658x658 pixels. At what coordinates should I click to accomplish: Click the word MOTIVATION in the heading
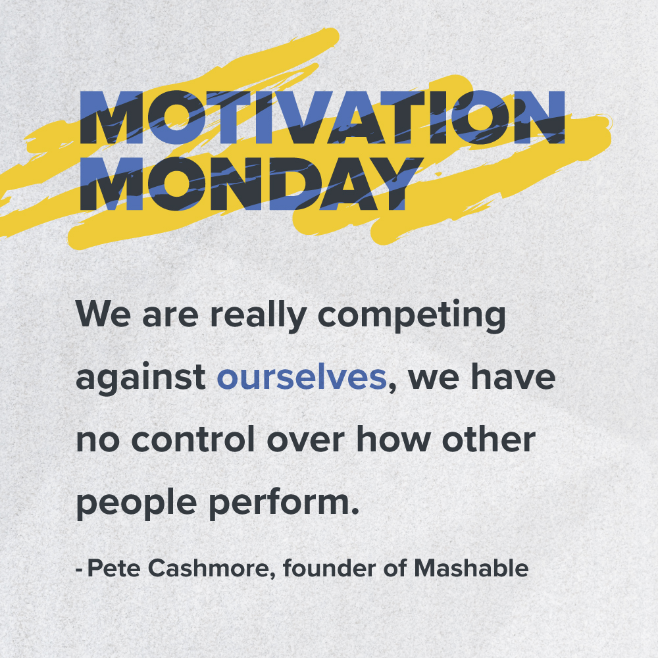coord(322,118)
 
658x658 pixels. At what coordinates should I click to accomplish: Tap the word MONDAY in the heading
coord(247,184)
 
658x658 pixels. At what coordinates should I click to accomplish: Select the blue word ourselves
coord(301,378)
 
